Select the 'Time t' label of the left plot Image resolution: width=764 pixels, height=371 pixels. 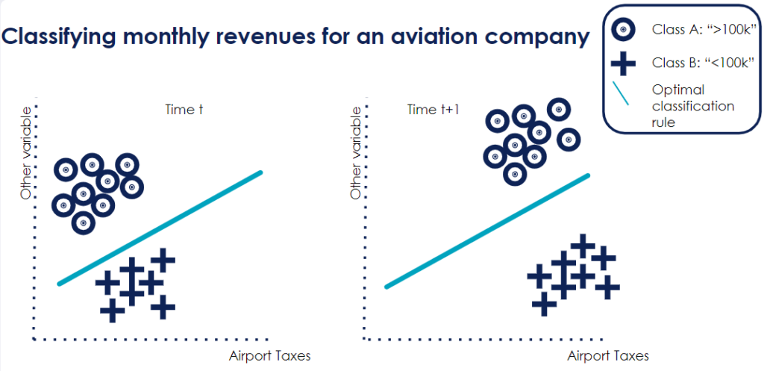[x=184, y=110]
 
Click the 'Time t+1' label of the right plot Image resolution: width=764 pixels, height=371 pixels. [x=433, y=110]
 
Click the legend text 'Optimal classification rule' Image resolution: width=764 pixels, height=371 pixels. [x=692, y=105]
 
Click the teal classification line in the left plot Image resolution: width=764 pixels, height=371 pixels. [x=160, y=228]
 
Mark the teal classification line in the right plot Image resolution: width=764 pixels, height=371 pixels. [x=486, y=231]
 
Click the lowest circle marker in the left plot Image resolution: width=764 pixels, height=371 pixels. [x=84, y=221]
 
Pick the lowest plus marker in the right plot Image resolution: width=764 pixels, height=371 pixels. [x=545, y=304]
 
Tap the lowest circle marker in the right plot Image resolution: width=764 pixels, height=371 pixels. [x=513, y=173]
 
